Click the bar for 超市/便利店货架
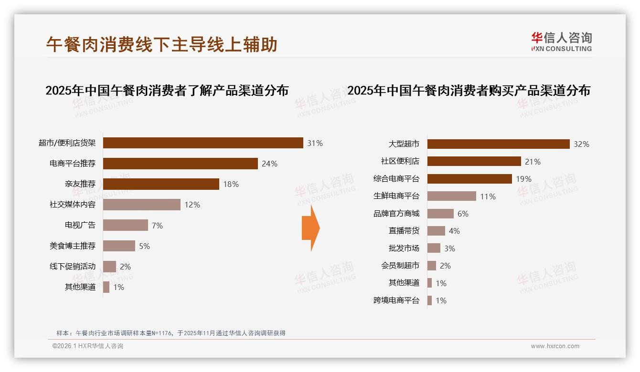pos(203,143)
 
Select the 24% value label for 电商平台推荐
pos(269,164)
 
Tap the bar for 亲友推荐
pos(161,184)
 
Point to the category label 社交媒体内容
pos(73,205)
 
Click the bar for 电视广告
pos(126,225)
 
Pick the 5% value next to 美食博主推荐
pos(144,246)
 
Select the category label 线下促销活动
pos(73,266)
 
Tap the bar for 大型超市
pos(498,144)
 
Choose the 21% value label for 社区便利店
pos(533,162)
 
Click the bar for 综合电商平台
pos(469,179)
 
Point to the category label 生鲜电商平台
pos(396,196)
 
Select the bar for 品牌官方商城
pos(440,214)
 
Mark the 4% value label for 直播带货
pos(454,231)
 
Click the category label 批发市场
pos(404,248)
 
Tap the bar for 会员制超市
pos(432,266)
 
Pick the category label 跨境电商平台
pos(396,300)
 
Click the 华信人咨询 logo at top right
pos(561,41)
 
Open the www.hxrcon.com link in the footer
pos(555,346)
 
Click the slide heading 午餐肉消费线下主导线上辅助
pos(162,45)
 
